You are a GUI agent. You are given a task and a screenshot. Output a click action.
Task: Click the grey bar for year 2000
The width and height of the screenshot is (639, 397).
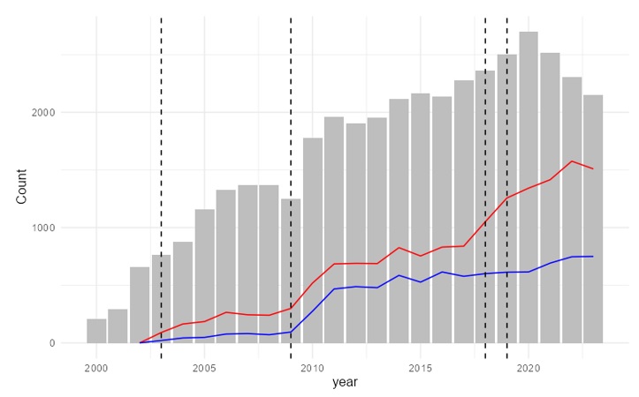pyautogui.click(x=96, y=331)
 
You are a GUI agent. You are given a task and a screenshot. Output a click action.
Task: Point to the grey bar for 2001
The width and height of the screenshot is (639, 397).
pyautogui.click(x=118, y=326)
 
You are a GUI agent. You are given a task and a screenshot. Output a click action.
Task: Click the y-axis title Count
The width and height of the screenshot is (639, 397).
pyautogui.click(x=21, y=186)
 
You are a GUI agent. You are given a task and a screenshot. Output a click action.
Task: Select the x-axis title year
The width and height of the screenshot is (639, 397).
pyautogui.click(x=345, y=383)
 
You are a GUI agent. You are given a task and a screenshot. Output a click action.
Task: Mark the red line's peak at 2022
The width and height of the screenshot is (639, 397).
pyautogui.click(x=572, y=161)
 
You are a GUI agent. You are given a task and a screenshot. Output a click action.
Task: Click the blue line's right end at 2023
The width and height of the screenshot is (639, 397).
pyautogui.click(x=593, y=256)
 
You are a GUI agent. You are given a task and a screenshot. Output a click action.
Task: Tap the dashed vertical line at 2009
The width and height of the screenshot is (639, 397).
pyautogui.click(x=291, y=132)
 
